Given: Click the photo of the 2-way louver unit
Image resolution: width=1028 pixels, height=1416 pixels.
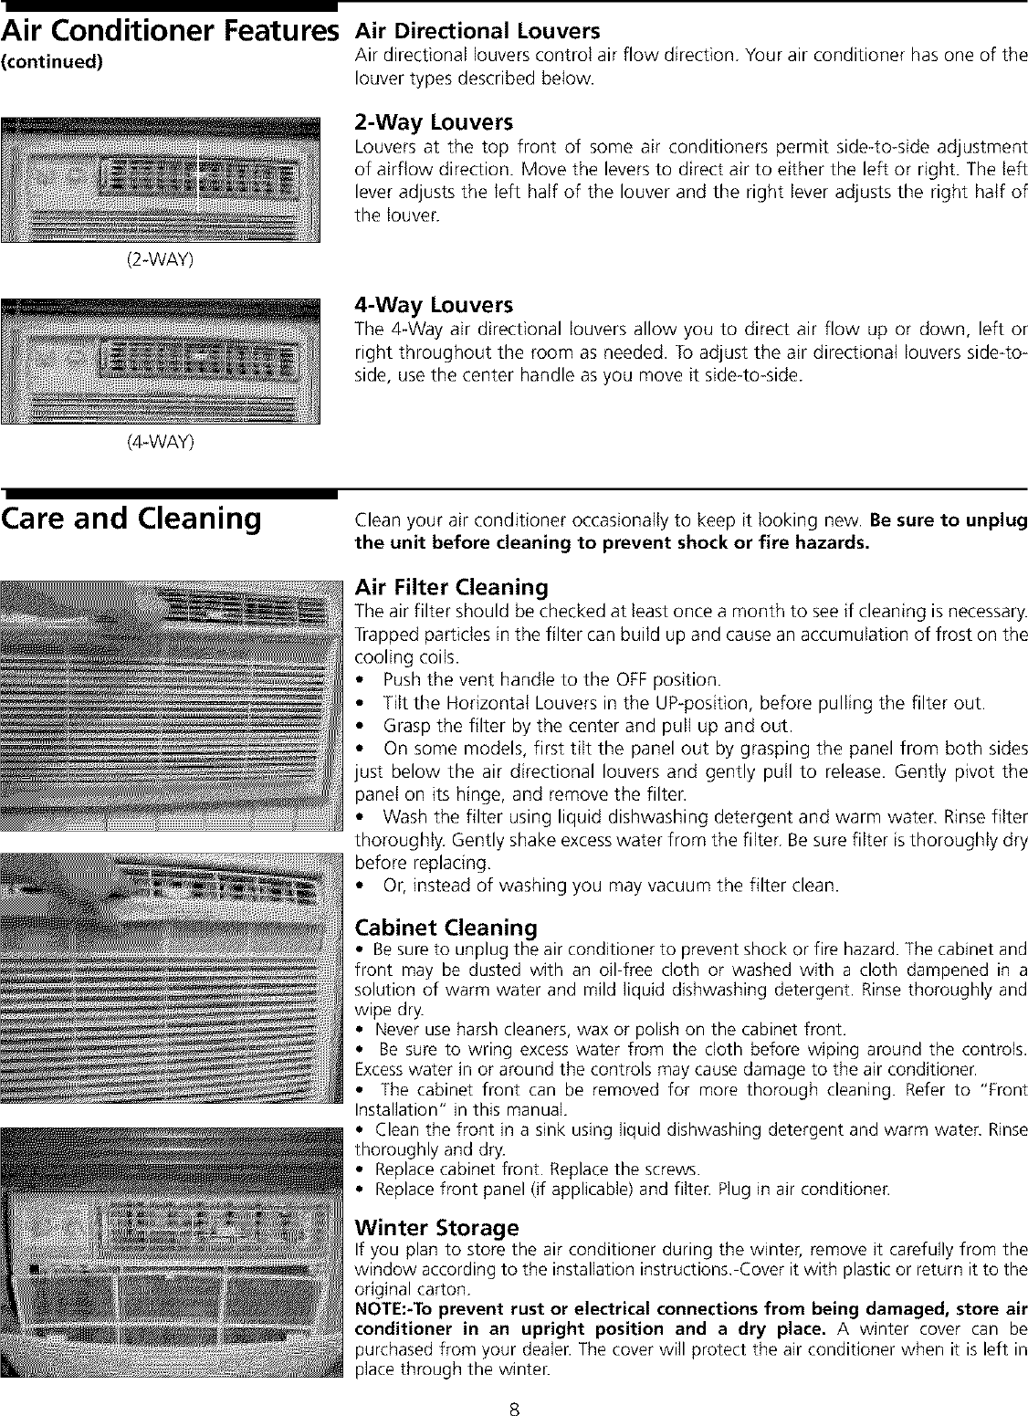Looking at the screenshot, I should coord(162,182).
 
